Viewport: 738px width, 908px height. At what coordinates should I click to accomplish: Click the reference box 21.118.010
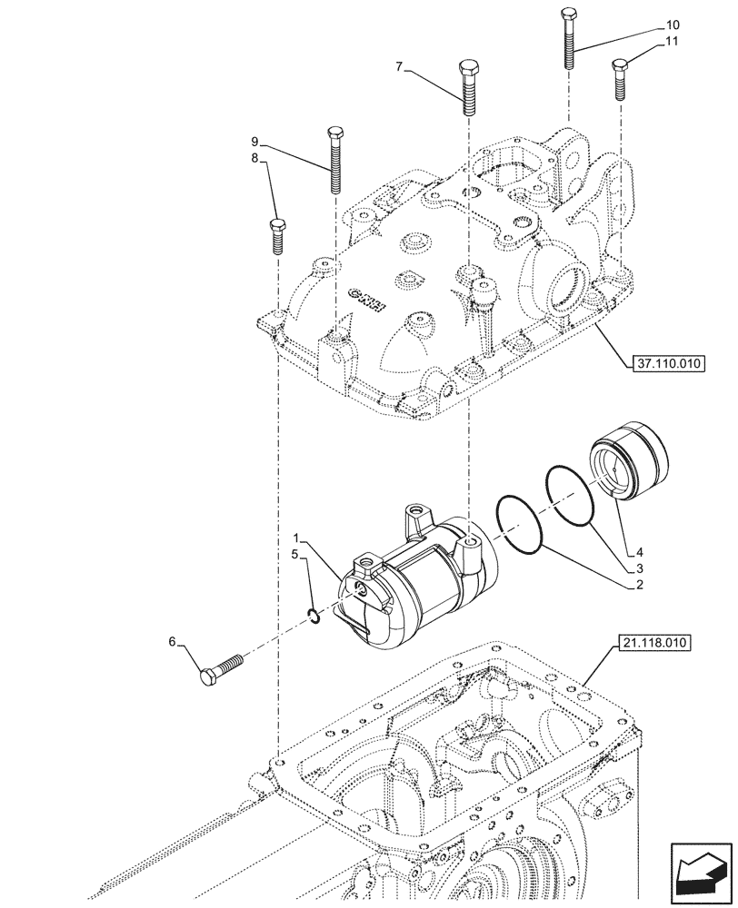coord(657,644)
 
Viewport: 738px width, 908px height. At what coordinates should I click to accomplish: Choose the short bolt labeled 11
coord(622,79)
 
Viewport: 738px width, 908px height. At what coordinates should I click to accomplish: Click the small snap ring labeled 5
coord(313,617)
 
